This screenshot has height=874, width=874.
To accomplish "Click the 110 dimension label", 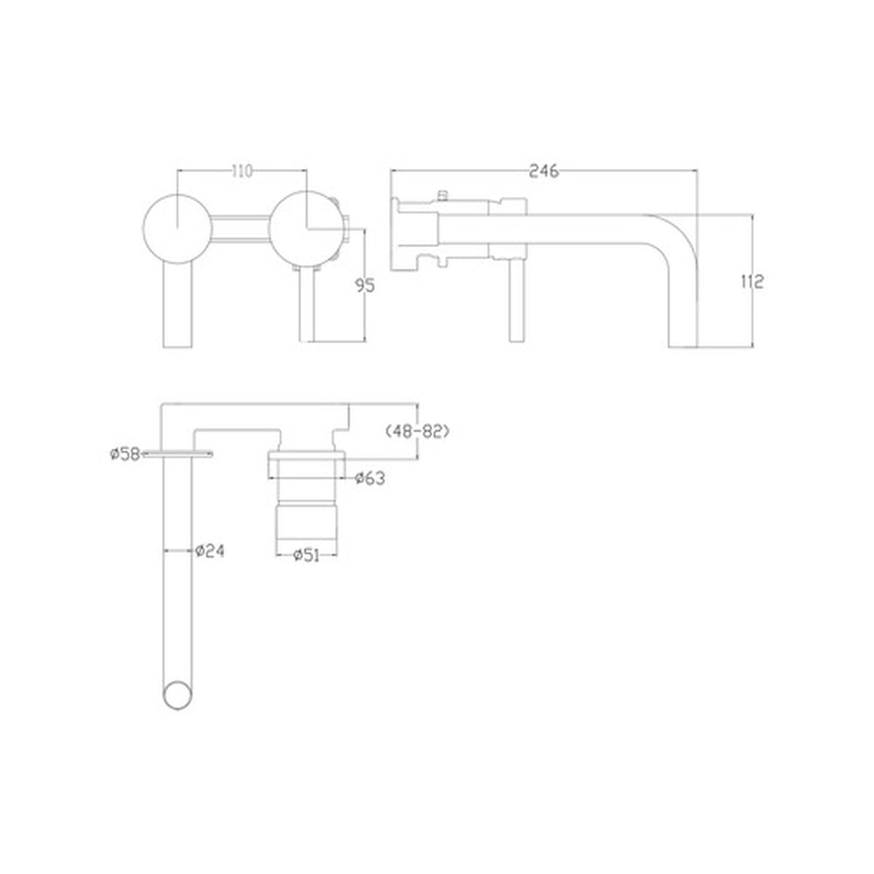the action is coord(241,172).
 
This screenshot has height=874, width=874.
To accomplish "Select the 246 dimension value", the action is coord(544,171).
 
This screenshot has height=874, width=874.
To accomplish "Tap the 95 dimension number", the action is coord(365,286).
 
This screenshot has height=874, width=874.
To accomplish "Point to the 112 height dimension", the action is coord(752,282).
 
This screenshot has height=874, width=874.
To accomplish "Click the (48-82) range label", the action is coord(417,431).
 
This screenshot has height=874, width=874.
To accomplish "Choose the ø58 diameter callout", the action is coord(125,454).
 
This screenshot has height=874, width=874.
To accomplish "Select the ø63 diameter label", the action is coord(370,478).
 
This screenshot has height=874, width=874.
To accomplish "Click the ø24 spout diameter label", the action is coord(210,551).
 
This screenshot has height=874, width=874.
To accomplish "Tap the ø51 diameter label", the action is coord(307,555).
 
